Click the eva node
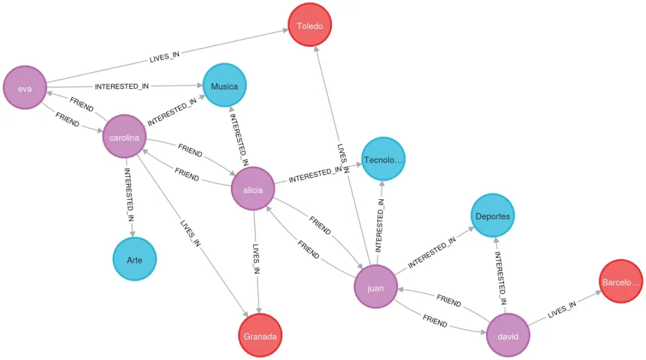[25, 88]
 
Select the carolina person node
[124, 136]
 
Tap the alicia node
[253, 189]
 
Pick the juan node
[375, 287]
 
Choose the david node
[508, 335]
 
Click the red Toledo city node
[309, 26]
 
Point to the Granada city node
[260, 335]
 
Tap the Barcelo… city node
[621, 281]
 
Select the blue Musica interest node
[224, 86]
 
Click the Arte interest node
[134, 258]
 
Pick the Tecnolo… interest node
[383, 160]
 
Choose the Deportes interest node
[493, 216]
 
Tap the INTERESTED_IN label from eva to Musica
[122, 86]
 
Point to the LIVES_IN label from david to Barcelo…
[561, 310]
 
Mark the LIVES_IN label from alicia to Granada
[255, 258]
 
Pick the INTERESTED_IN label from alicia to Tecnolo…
[318, 174]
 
